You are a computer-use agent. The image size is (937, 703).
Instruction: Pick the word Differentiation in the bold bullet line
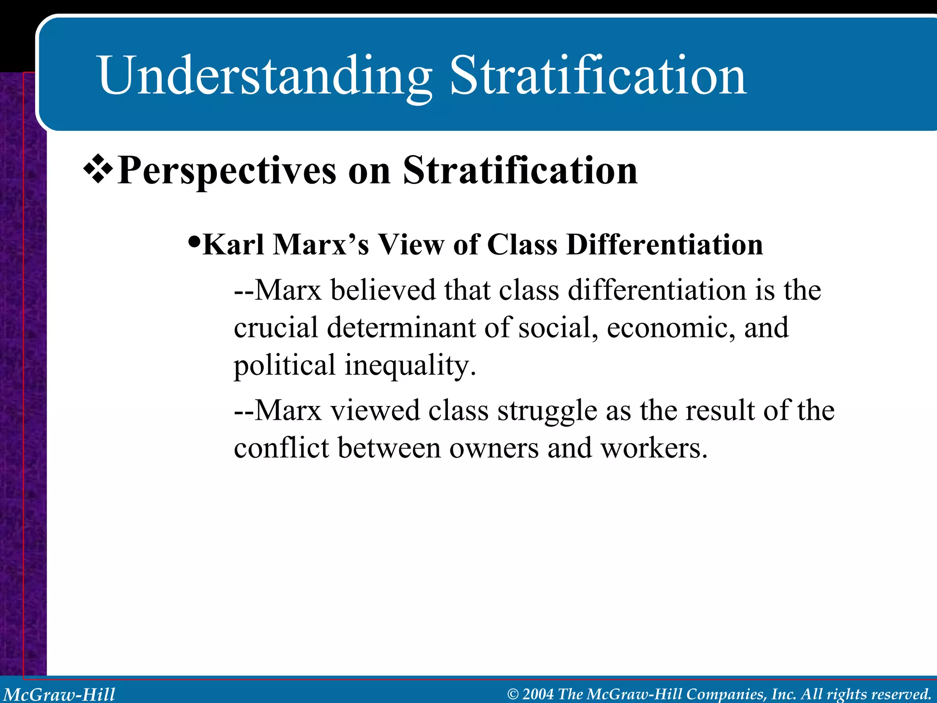664,244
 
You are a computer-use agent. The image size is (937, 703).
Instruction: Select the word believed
382,290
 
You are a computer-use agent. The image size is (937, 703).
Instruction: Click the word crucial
275,328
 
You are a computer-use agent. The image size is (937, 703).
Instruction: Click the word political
285,366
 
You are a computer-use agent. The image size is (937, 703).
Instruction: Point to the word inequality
410,366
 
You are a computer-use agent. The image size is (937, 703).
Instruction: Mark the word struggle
547,411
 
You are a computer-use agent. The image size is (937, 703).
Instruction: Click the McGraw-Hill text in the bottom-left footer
59,694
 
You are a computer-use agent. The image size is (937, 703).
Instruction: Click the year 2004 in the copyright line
538,694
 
